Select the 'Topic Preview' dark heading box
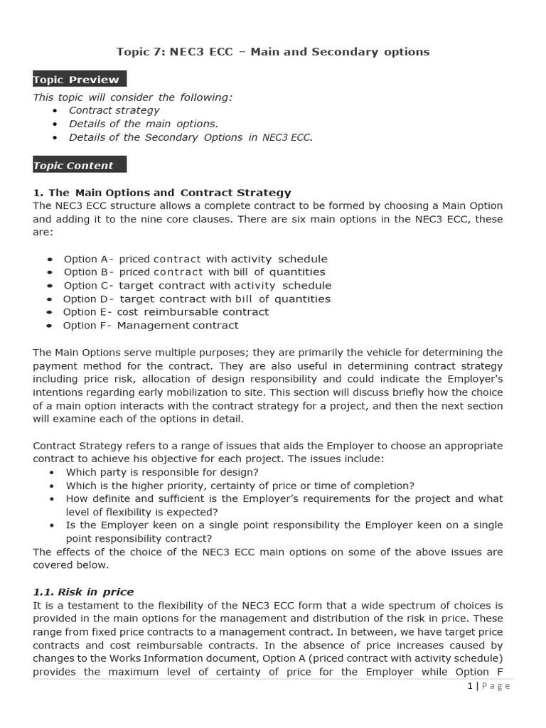point(80,80)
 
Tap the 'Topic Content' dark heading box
point(80,166)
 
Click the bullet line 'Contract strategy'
point(114,110)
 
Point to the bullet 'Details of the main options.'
point(143,124)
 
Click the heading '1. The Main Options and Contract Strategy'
point(162,193)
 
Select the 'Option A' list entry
point(196,259)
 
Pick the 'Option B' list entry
point(194,272)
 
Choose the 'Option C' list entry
point(197,285)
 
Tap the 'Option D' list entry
point(196,299)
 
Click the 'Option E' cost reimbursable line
point(166,311)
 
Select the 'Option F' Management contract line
point(151,325)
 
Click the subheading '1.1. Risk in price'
point(83,591)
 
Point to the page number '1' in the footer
point(470,686)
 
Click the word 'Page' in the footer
point(496,686)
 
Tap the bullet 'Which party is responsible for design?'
point(162,472)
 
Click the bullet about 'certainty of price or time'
point(240,486)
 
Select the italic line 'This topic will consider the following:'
point(132,97)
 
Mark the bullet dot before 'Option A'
point(49,259)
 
